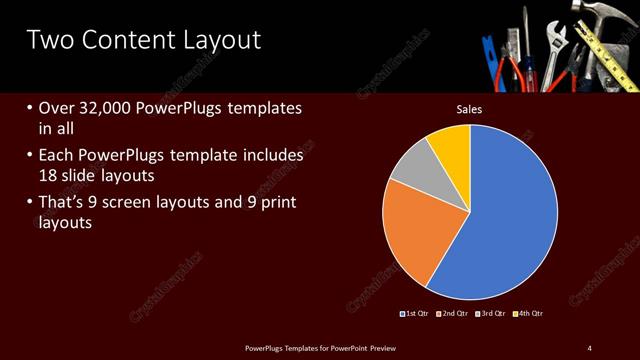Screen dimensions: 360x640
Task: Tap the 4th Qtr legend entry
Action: [530, 314]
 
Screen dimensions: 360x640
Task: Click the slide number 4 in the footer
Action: [589, 347]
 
